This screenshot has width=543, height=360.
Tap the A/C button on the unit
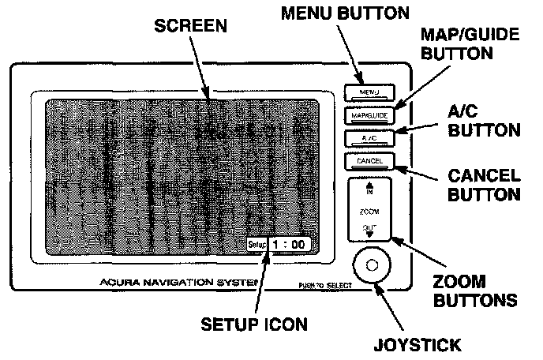pos(369,139)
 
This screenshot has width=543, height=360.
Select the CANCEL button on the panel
pos(369,161)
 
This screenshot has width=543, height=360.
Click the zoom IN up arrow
pos(369,189)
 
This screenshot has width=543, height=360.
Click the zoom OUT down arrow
pos(369,233)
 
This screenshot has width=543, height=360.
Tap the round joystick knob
pos(373,266)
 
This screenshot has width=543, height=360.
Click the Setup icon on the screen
pos(256,246)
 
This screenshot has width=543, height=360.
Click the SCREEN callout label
pos(190,26)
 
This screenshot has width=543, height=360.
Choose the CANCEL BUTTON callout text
pos(484,184)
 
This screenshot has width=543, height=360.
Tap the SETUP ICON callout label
pos(253,324)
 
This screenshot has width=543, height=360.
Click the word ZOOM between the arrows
pos(369,212)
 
